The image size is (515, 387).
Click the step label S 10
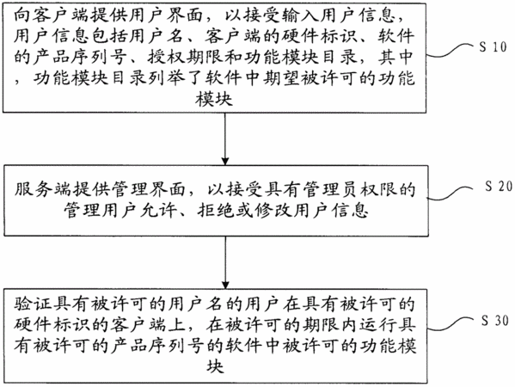493,46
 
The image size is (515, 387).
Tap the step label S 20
499,186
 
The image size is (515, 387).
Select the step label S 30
495,320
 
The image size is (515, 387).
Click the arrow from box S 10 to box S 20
225,139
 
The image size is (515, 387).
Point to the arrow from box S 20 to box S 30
225,262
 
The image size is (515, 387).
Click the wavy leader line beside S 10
451,51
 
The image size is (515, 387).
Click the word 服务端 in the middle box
43,189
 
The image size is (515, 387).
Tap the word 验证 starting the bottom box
34,304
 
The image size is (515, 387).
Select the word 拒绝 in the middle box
216,210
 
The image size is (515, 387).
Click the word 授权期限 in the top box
185,57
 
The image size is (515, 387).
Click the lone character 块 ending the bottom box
216,366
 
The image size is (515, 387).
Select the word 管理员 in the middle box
330,189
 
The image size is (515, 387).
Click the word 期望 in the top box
281,78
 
